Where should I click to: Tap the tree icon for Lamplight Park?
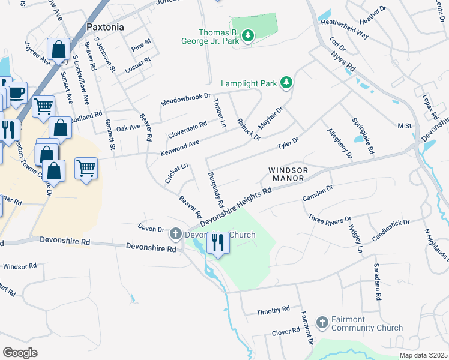[x=287, y=83]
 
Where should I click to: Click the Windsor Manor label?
[x=288, y=175]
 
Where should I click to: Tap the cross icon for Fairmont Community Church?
[x=322, y=323]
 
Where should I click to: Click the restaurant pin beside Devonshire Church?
[x=217, y=242]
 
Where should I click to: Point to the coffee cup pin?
[x=16, y=92]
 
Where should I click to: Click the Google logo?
[x=20, y=352]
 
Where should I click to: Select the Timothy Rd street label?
[x=273, y=310]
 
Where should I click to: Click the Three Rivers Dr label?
[x=328, y=219]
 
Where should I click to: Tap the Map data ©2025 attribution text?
[x=423, y=355]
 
